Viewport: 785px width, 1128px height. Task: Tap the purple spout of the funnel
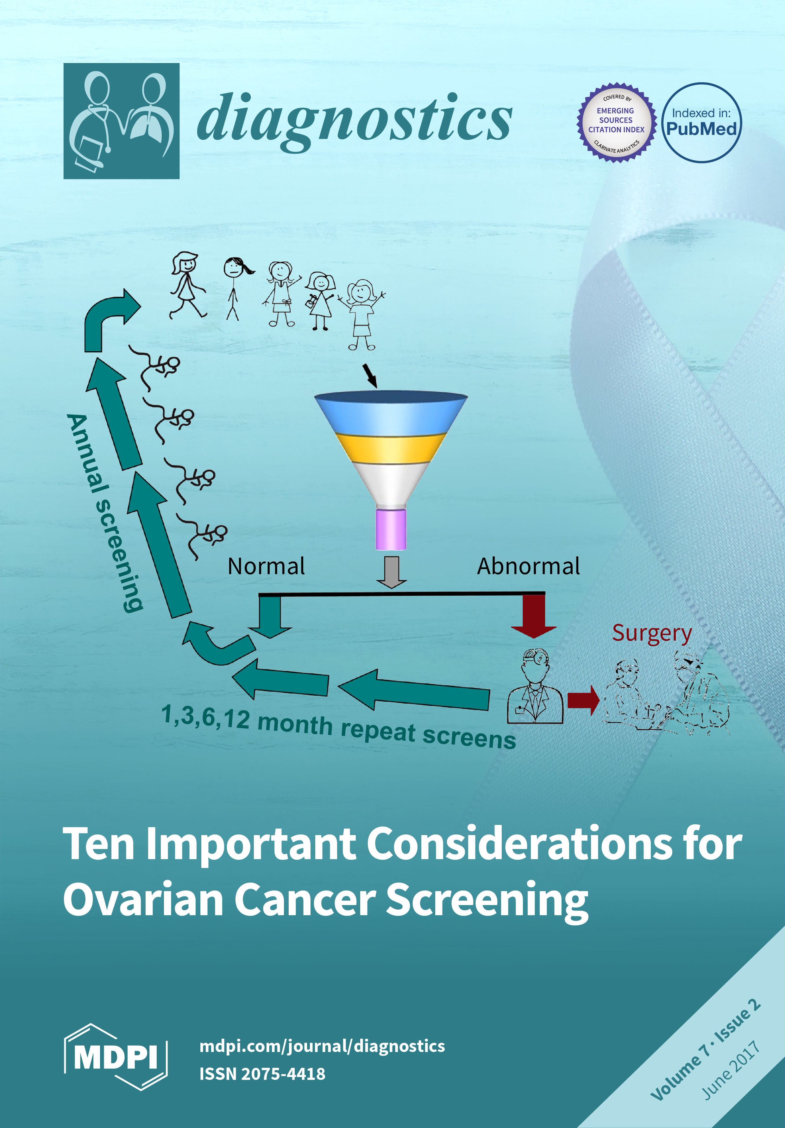click(391, 529)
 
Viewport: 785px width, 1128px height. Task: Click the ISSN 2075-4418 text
click(262, 1074)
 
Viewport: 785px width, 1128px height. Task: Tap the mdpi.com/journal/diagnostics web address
click(322, 1046)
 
